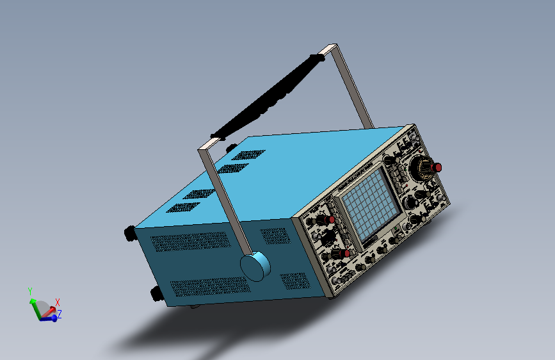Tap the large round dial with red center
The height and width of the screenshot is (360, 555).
(x=424, y=168)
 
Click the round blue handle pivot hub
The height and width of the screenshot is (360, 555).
(x=255, y=266)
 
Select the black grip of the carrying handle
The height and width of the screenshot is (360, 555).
(x=269, y=97)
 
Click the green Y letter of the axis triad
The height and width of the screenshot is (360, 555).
(x=29, y=291)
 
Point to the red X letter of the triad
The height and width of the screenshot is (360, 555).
(x=58, y=302)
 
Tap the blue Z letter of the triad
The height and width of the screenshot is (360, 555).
(x=59, y=314)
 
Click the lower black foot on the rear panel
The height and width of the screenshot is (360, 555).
(x=156, y=293)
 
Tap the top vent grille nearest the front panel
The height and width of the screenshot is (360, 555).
(x=248, y=155)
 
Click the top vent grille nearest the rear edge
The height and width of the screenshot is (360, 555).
(x=181, y=208)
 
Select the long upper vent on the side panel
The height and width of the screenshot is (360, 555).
(x=189, y=241)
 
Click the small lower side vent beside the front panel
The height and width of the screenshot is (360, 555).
(x=295, y=281)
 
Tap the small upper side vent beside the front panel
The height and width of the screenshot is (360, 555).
(x=275, y=236)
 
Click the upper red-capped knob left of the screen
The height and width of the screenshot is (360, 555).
(x=330, y=220)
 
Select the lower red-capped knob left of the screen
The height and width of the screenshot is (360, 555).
(x=346, y=254)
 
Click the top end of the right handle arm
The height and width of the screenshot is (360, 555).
(x=330, y=49)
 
